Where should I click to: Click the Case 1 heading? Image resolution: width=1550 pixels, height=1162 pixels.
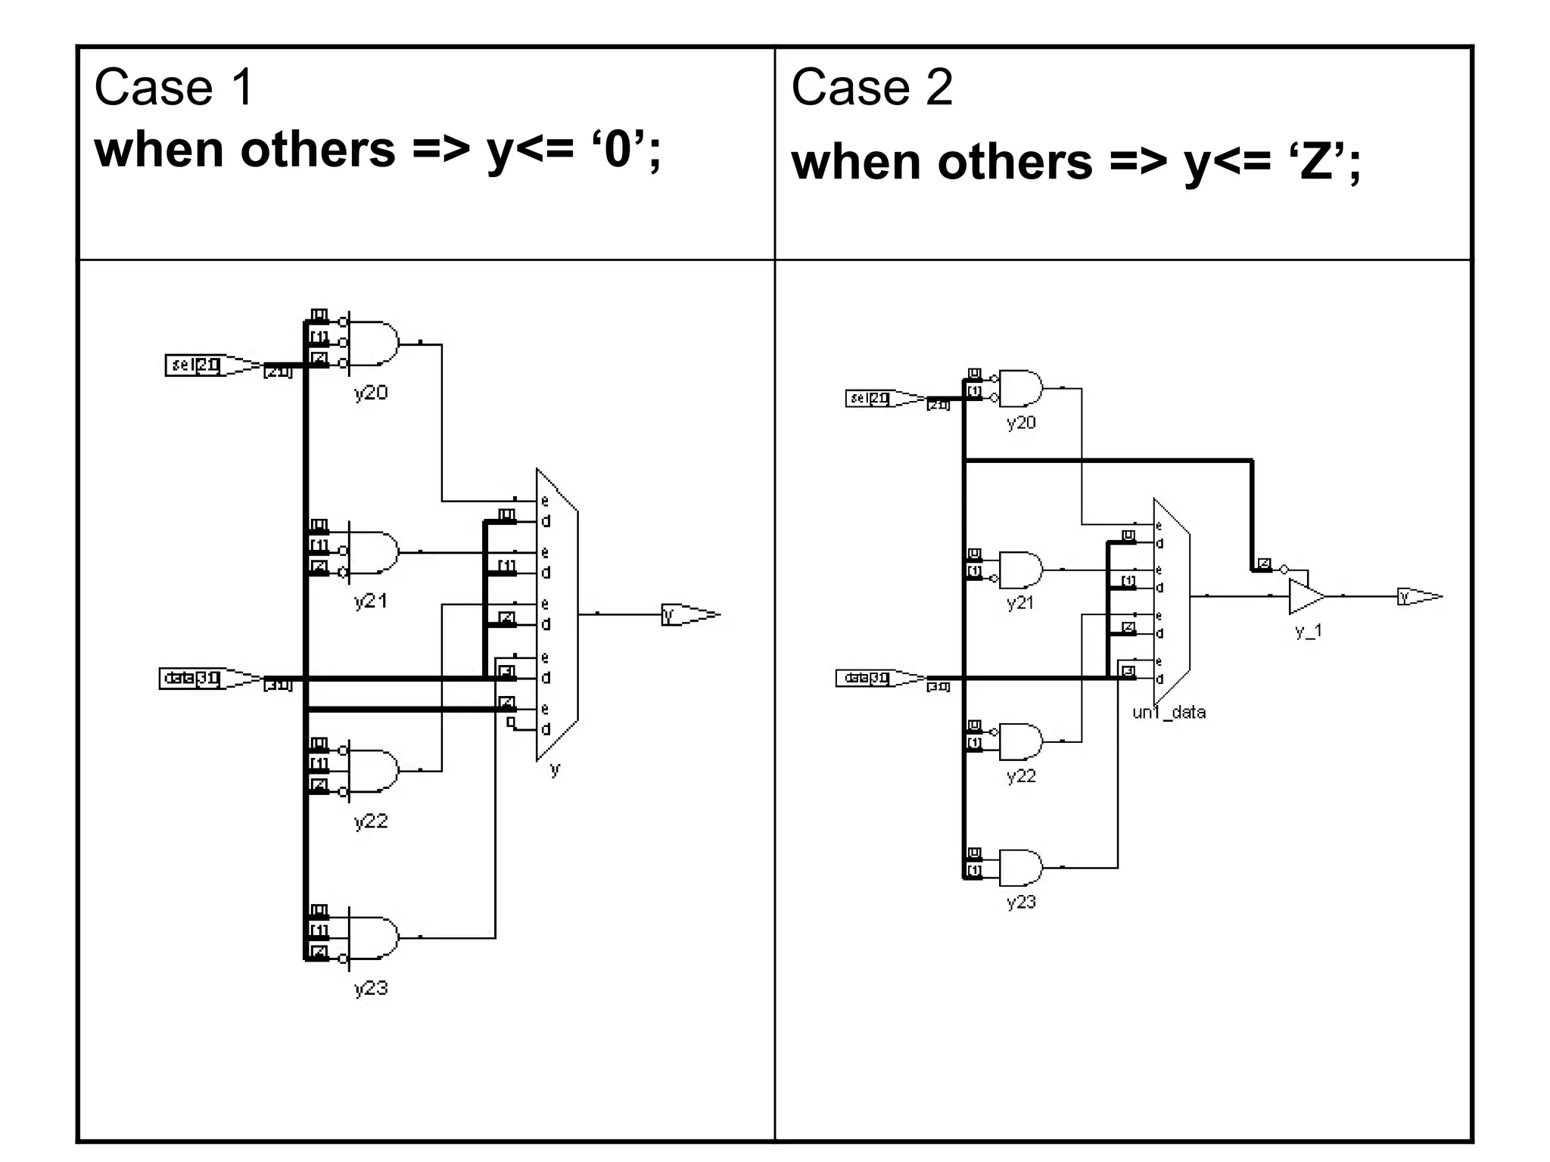pos(173,88)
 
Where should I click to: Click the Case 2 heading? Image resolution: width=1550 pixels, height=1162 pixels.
pos(872,88)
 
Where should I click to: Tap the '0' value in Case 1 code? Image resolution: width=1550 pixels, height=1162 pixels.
pos(617,149)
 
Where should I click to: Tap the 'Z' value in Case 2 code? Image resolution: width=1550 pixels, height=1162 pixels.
pos(1316,162)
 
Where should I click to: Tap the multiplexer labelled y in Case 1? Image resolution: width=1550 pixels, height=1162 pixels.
pos(558,614)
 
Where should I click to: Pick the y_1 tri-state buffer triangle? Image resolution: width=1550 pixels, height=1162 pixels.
pos(1305,597)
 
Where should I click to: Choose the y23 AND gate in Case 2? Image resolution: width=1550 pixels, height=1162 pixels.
pos(1020,868)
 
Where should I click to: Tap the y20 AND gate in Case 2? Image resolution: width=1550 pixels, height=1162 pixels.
pos(1020,389)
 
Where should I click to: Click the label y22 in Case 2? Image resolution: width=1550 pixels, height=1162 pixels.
pos(1021,776)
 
